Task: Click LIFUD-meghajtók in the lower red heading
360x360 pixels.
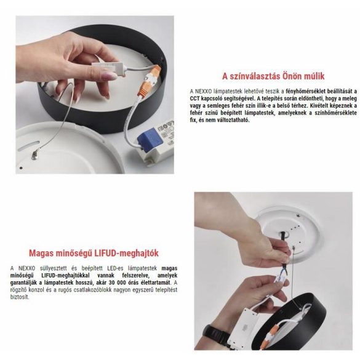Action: coord(129,252)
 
